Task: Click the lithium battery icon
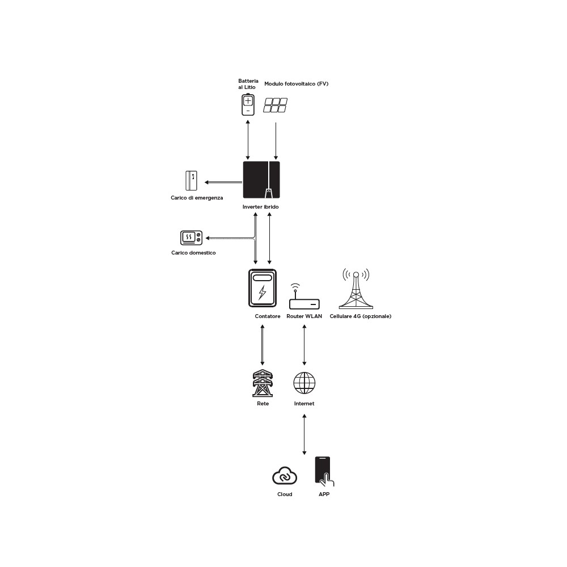point(248,104)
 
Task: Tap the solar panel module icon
point(275,105)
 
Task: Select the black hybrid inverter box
point(261,180)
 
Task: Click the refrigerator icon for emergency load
point(191,180)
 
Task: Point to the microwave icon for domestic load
point(191,238)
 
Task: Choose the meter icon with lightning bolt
point(263,288)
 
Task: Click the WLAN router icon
point(304,297)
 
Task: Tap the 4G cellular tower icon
point(356,289)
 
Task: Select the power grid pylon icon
point(263,383)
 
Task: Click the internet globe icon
point(304,383)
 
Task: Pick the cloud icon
point(285,476)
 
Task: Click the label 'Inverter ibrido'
point(260,207)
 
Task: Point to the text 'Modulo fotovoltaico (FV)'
point(296,83)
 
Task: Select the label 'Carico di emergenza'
point(197,198)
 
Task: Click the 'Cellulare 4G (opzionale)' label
point(360,316)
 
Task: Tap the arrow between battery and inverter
point(248,140)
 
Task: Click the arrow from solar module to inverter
point(276,141)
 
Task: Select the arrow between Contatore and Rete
point(263,345)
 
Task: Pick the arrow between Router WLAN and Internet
point(304,345)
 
